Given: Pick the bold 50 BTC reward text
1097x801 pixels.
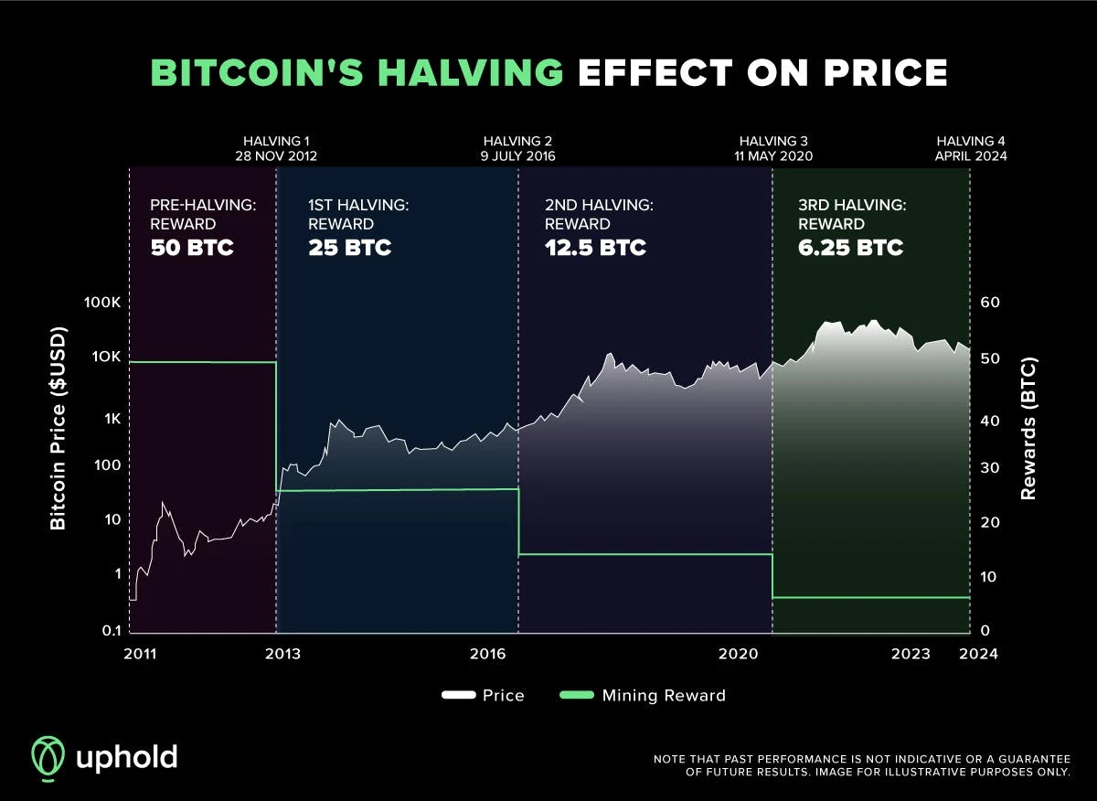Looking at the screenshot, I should pos(192,247).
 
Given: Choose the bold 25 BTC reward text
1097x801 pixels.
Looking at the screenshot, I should pos(350,247).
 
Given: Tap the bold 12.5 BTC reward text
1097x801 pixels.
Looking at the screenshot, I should pos(595,247).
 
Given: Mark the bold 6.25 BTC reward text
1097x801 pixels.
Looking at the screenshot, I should pos(850,247).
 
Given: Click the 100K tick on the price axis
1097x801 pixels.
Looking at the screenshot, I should pos(98,303).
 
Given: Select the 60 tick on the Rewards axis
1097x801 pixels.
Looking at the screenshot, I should pos(991,303).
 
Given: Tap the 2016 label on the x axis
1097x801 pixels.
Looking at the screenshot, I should pos(488,654).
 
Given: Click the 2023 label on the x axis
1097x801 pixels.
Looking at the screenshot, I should pos(911,654).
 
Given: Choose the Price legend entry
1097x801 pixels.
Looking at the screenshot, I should pos(484,696).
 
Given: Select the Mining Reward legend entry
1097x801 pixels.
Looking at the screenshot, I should pos(642,696).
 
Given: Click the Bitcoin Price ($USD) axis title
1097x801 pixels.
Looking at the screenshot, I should pos(59,428).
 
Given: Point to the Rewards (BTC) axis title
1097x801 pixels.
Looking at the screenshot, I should pos(1029,428).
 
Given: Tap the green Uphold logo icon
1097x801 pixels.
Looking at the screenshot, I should pos(48,757).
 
